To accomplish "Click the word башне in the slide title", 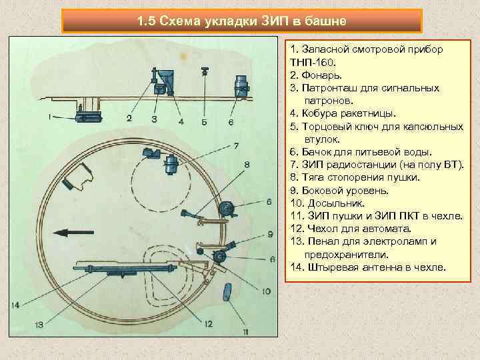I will pos(325,21).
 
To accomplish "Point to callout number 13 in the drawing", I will pos(39,325).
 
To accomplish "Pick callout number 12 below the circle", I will pos(209,323).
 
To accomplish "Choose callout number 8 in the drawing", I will pos(247,164).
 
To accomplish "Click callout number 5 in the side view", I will pos(204,122).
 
